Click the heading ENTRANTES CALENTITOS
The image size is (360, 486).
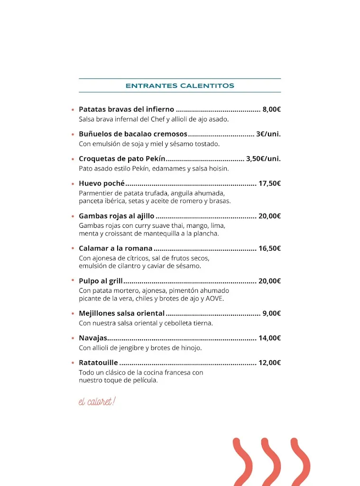[x=180, y=86]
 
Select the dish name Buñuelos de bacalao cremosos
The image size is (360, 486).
[x=133, y=134]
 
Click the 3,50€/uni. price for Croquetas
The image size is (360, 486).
[x=263, y=159]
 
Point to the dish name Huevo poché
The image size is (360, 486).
[x=102, y=183]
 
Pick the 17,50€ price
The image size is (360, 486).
[x=269, y=183]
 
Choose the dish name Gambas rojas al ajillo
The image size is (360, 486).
[x=116, y=216]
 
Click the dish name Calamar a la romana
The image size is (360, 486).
[x=115, y=248]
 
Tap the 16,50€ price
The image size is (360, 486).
[x=269, y=248]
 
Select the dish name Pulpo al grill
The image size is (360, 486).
[x=101, y=281]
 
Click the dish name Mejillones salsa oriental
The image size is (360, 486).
[x=121, y=313]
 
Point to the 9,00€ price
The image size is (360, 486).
[x=272, y=313]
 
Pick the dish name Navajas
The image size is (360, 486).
[x=93, y=338]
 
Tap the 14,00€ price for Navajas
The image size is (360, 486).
[x=269, y=338]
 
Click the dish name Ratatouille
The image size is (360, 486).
[x=98, y=363]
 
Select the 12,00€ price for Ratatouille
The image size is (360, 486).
[x=269, y=363]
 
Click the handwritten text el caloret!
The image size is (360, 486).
[x=97, y=402]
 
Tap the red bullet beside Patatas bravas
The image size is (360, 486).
[x=73, y=110]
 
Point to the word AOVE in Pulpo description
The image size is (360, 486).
[x=214, y=299]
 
